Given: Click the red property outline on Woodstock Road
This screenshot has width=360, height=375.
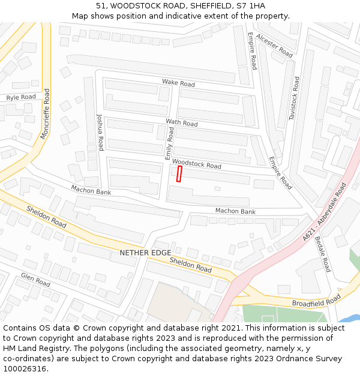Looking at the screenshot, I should tap(179, 173).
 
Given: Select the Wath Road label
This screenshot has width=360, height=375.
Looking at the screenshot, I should tap(181, 123).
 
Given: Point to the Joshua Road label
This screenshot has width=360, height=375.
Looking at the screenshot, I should tap(100, 132).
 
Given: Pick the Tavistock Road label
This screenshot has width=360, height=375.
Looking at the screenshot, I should tap(294, 98).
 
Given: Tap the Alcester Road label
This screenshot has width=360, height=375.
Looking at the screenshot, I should tap(274, 45).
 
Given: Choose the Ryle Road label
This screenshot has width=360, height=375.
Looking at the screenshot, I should tap(21, 97).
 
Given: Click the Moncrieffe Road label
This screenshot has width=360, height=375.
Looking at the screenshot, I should tap(45, 114).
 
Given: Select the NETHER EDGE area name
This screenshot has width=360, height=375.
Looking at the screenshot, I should tap(145, 253).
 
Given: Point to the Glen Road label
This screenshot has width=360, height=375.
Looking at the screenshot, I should tap(35, 279).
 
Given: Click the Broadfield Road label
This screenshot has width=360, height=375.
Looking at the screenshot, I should tap(316, 300).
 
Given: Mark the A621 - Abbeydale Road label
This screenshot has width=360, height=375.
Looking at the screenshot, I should tap(325, 213).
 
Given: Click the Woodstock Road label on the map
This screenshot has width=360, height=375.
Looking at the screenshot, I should tap(196, 164).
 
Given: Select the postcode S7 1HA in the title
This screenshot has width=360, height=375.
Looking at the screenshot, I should tap(248, 6).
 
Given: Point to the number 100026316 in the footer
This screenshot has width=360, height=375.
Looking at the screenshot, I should tap(25, 369).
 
